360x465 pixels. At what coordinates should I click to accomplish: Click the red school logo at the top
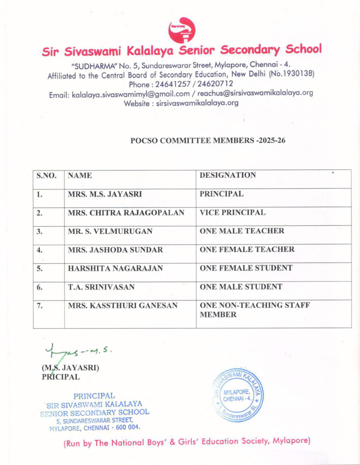(181, 30)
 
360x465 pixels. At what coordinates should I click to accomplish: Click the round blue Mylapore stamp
(238, 394)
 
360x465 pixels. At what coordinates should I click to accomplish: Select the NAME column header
(80, 175)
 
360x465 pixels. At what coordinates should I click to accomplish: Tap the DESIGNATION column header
(228, 175)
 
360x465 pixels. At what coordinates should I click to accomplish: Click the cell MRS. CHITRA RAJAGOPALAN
(126, 213)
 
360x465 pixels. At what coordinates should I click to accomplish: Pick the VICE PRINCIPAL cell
(233, 213)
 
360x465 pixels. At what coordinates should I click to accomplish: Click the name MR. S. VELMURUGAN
(110, 231)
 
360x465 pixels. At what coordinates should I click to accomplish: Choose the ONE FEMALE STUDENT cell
(246, 268)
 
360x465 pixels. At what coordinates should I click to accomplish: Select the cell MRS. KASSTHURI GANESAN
(123, 306)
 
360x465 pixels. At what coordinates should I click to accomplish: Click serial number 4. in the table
(40, 250)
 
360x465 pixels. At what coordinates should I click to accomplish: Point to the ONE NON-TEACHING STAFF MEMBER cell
(255, 310)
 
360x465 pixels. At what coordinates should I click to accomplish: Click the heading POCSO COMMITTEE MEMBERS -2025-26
(208, 140)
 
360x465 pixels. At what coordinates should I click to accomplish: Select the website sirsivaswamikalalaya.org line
(181, 103)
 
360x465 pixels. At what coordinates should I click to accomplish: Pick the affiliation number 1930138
(298, 74)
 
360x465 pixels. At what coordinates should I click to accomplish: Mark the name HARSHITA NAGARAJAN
(115, 268)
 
